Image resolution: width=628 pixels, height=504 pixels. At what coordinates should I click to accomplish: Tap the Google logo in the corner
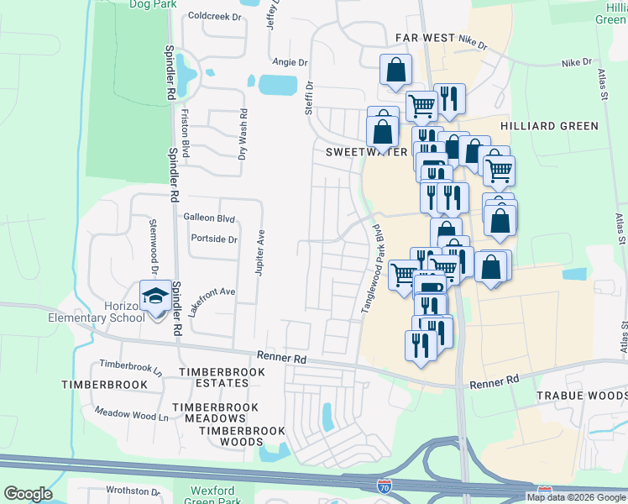28,494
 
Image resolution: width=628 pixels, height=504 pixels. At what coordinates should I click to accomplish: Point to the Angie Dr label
290,62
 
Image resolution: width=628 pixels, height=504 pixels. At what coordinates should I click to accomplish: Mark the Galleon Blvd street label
208,217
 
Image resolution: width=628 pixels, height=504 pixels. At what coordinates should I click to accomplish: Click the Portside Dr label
214,239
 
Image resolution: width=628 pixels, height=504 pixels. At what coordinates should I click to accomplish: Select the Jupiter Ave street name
261,252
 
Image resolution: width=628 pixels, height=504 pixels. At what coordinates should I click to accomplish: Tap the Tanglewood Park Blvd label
371,269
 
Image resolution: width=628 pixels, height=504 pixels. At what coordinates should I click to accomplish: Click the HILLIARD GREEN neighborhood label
549,126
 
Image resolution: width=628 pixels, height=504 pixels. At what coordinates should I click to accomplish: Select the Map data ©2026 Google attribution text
576,496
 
